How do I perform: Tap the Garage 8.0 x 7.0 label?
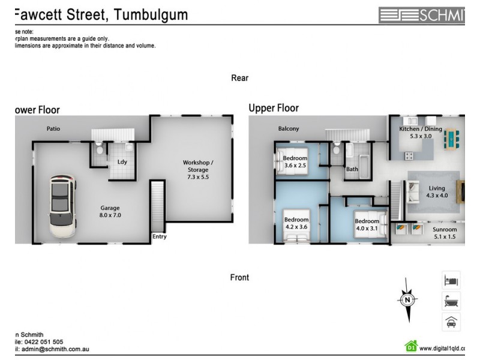110,211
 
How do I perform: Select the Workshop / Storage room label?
198,170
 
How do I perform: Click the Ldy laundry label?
122,162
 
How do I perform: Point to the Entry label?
160,236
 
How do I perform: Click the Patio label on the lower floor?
54,128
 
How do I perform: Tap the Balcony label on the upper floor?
289,128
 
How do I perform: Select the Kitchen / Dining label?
421,133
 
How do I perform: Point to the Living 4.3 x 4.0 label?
437,192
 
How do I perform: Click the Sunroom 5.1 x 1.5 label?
445,233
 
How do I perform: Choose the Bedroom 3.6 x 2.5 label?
295,162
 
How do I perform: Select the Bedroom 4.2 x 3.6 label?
296,223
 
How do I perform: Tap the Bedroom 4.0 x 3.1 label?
367,224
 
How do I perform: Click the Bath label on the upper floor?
352,169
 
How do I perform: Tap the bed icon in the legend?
451,280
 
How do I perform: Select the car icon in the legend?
451,322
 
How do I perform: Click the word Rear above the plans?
239,78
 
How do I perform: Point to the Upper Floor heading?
274,108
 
